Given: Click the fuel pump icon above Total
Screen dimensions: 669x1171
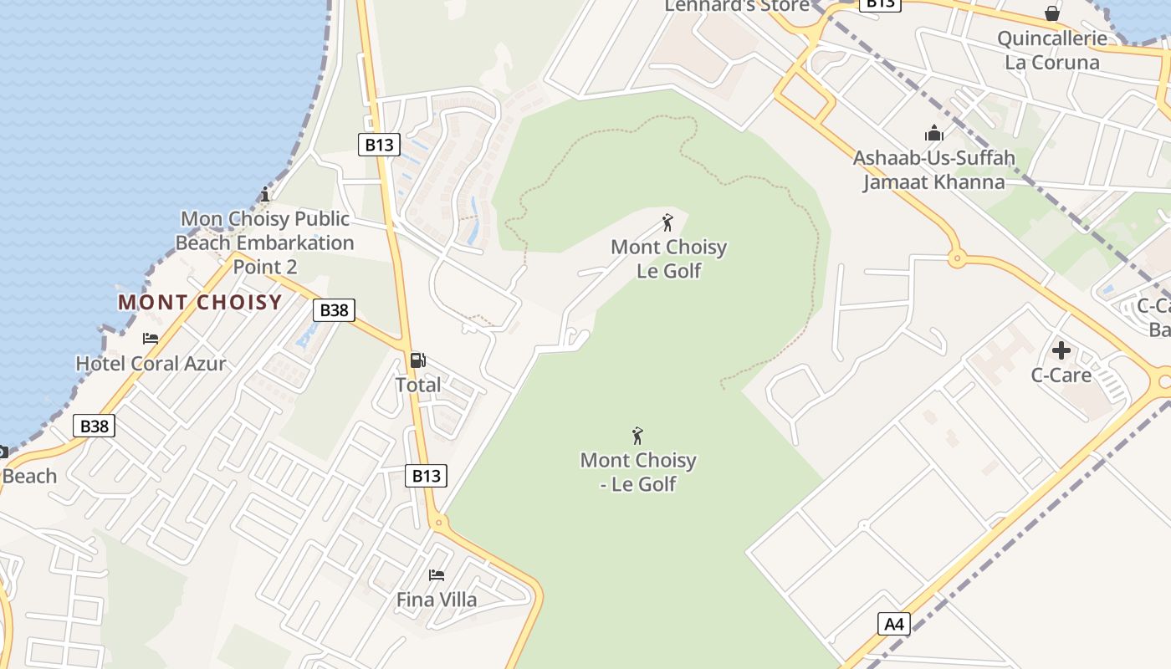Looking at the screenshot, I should pyautogui.click(x=417, y=360).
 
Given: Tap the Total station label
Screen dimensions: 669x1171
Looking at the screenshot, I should pyautogui.click(x=417, y=385).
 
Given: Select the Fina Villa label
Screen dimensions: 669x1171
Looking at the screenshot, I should pyautogui.click(x=437, y=600).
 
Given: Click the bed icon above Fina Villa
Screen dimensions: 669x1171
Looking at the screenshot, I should pyautogui.click(x=437, y=575).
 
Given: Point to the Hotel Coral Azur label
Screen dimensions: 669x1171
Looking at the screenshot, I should pyautogui.click(x=151, y=363).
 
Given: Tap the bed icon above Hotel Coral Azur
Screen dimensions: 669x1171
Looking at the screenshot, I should pyautogui.click(x=151, y=339).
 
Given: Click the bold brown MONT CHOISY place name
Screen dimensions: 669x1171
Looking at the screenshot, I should pyautogui.click(x=200, y=302).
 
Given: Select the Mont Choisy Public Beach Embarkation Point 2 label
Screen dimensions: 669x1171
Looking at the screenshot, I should pyautogui.click(x=265, y=243).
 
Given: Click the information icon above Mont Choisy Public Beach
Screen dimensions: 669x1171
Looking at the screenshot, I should pyautogui.click(x=265, y=195).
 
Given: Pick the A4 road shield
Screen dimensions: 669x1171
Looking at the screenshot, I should pyautogui.click(x=894, y=623).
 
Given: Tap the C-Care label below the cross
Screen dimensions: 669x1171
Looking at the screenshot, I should pyautogui.click(x=1061, y=375).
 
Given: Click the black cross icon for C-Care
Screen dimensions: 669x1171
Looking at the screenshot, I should pyautogui.click(x=1061, y=350).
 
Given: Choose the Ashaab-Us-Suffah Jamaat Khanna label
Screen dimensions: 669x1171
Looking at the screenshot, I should pyautogui.click(x=933, y=170).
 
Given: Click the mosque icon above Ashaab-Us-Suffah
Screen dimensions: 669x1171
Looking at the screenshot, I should pyautogui.click(x=933, y=133).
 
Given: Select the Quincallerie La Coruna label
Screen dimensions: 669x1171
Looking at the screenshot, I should pyautogui.click(x=1051, y=50).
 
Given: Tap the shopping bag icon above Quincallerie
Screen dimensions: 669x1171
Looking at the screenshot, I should pyautogui.click(x=1052, y=13).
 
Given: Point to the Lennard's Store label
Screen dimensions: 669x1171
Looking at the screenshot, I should pyautogui.click(x=737, y=6).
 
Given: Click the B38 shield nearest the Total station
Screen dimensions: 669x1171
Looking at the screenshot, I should pyautogui.click(x=334, y=310).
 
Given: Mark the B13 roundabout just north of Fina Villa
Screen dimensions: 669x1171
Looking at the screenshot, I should pyautogui.click(x=438, y=523).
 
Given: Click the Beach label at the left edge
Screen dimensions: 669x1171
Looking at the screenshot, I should pyautogui.click(x=29, y=476).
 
